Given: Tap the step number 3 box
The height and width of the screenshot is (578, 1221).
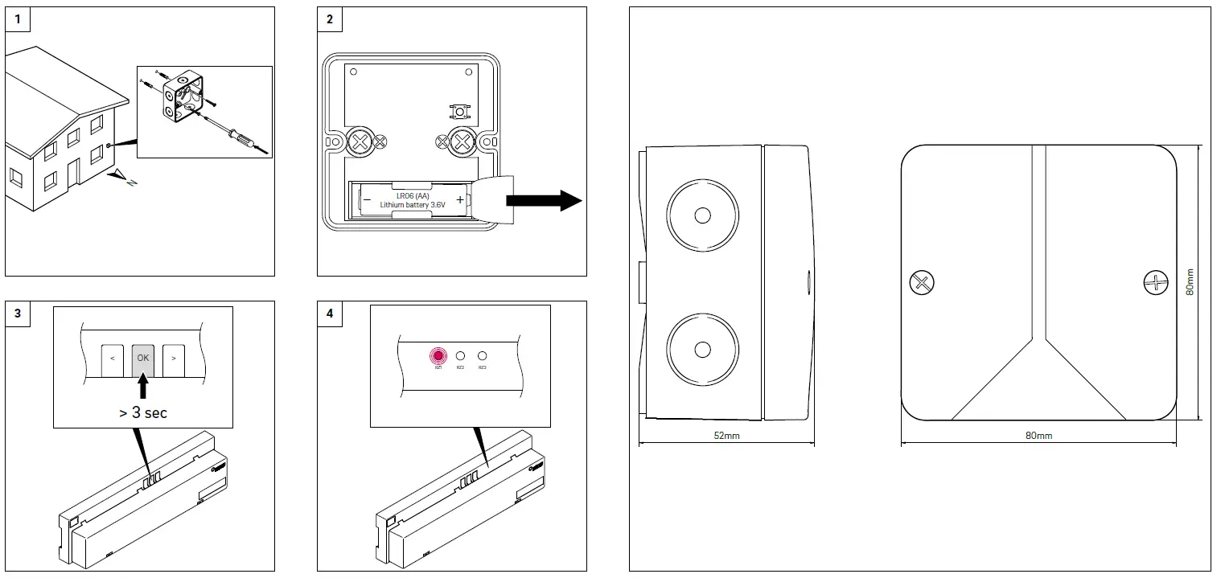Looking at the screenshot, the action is coord(18,314).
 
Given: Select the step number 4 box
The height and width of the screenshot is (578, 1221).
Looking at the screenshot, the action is coord(330,314).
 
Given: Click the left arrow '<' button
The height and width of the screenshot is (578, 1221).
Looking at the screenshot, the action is coord(111,358).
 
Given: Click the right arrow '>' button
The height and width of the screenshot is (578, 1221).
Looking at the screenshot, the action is coord(173,358).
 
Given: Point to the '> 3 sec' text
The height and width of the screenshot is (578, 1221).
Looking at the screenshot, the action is coord(142,412).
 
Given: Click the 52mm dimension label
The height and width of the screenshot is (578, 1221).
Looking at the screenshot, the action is coord(726,435).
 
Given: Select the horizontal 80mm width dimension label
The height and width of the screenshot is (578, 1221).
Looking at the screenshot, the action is coord(1038,435).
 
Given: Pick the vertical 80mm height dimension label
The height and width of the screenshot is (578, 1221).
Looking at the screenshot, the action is coord(1191,282).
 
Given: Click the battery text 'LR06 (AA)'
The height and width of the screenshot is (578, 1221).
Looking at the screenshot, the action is coord(412,195).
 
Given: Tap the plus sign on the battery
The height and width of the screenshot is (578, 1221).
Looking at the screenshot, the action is coord(459,199).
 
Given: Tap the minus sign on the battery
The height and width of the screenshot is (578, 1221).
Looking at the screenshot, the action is coord(367,199).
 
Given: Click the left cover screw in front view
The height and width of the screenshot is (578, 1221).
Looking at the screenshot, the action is coord(921,282).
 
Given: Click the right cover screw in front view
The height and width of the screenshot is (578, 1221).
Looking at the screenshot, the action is coord(1155,282).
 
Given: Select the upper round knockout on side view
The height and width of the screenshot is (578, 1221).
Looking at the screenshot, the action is coord(701,215).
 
